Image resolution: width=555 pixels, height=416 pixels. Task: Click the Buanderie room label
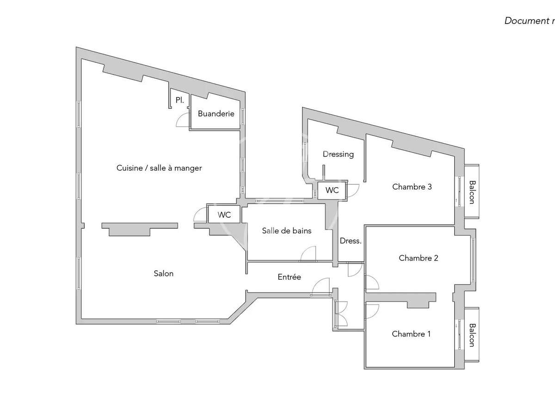[x=216, y=114]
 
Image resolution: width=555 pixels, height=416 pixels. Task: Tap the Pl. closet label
[x=180, y=100]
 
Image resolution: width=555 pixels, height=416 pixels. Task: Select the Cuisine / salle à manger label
[x=159, y=168]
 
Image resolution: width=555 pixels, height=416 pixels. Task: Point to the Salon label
[x=164, y=274]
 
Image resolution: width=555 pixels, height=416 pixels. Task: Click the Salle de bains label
[x=287, y=231]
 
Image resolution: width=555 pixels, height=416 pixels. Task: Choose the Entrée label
[x=290, y=277]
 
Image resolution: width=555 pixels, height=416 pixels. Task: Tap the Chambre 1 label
[x=411, y=334]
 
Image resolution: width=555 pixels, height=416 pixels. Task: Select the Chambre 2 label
[x=419, y=258]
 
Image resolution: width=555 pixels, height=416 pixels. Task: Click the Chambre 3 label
[x=412, y=187]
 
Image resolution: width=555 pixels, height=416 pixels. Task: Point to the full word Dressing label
[x=338, y=154]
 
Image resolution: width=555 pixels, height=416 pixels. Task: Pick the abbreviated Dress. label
[x=351, y=241]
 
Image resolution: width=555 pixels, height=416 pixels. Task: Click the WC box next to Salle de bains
[x=224, y=215]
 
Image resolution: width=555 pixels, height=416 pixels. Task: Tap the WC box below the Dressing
[x=332, y=190]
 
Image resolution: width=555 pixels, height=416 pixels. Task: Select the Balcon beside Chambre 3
[x=472, y=191]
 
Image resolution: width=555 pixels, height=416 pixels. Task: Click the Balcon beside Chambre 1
[x=472, y=335]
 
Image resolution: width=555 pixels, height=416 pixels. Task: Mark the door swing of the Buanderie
[x=183, y=120]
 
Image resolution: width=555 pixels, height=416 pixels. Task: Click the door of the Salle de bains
[x=308, y=254]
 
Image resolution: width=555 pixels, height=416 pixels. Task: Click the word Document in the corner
[x=525, y=21]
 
